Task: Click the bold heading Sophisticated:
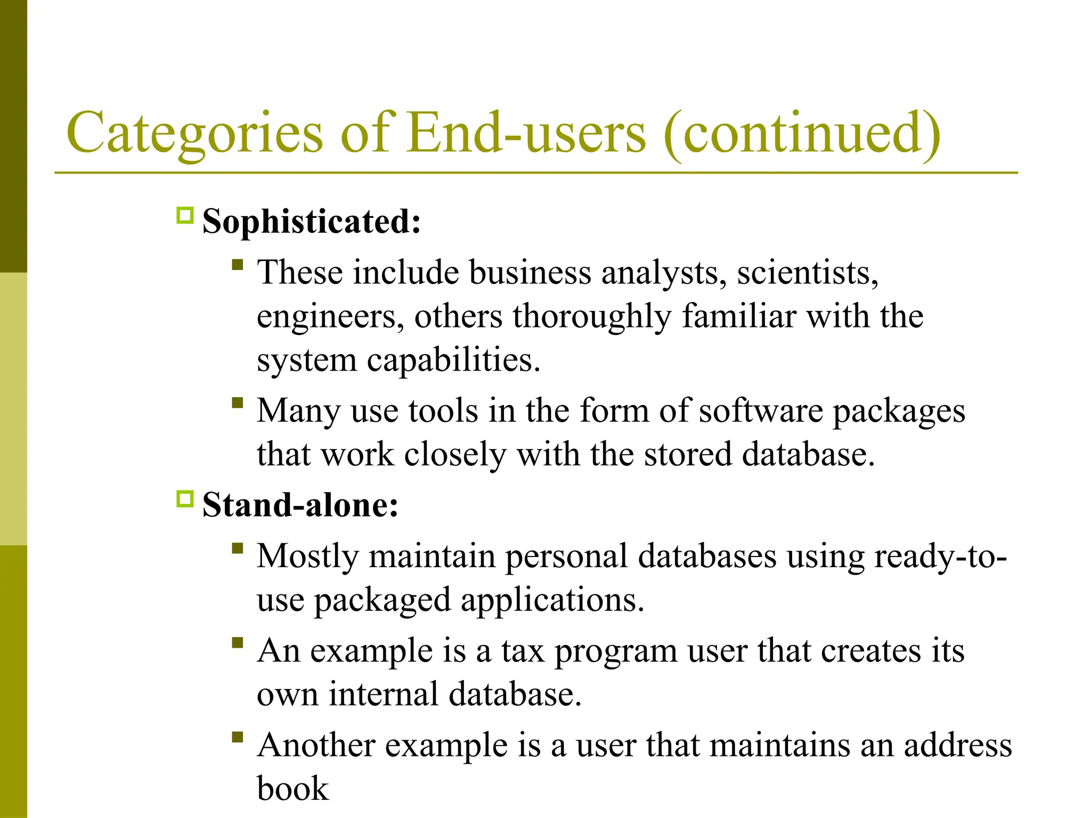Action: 312,221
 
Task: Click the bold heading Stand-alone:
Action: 300,505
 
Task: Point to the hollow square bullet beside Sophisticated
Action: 184,216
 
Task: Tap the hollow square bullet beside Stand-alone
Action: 184,500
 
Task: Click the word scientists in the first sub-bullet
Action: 807,273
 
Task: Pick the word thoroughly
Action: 592,317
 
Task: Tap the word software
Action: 761,411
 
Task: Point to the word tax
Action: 523,651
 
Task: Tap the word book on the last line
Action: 292,789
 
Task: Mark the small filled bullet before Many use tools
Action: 238,403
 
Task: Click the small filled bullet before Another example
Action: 238,737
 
